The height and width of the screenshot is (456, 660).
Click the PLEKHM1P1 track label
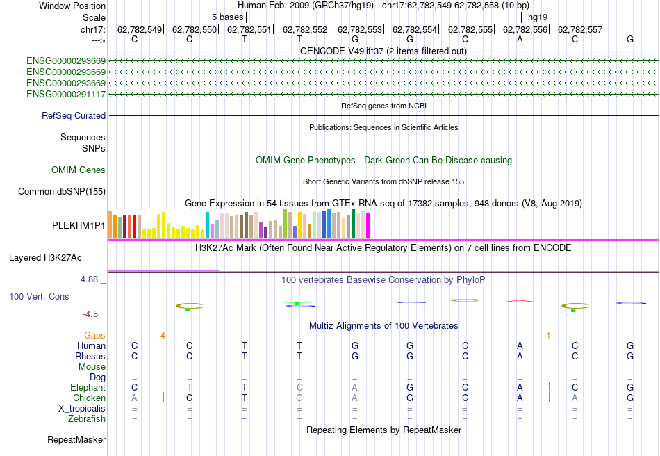[x=79, y=226]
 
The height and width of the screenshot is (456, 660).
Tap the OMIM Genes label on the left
[x=78, y=170]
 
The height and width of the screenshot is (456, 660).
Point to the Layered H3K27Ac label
[x=44, y=258]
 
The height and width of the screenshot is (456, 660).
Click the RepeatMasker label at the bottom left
[x=76, y=440]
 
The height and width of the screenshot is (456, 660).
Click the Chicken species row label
[x=89, y=398]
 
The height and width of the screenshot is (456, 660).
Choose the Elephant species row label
[x=88, y=388]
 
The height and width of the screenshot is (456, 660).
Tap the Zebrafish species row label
[x=87, y=419]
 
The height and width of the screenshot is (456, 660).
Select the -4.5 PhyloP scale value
[x=92, y=314]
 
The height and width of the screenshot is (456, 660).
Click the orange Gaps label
[x=95, y=335]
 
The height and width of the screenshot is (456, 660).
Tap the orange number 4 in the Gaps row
[x=163, y=335]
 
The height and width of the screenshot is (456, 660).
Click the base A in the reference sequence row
[x=520, y=40]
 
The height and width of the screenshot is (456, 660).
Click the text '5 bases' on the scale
[x=227, y=17]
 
